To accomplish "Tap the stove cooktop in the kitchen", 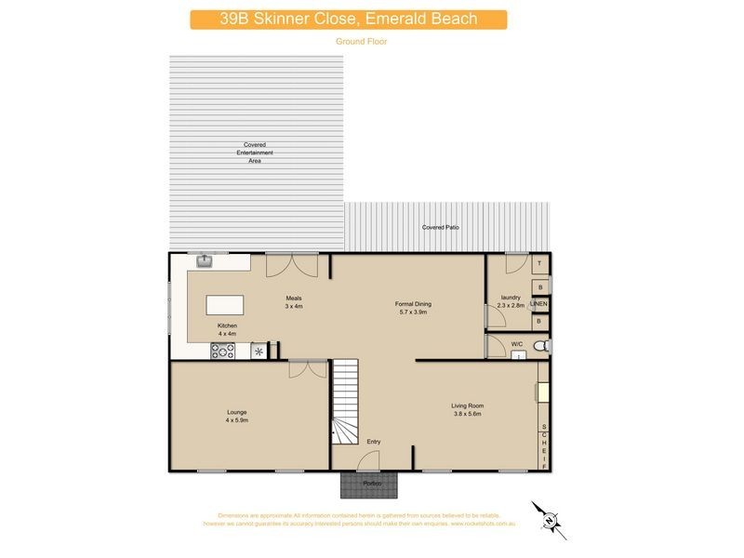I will click(x=222, y=351).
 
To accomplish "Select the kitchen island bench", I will click(x=223, y=305).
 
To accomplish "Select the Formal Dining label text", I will click(x=413, y=304).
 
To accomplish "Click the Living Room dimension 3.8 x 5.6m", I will click(x=468, y=413).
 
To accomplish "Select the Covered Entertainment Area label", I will click(x=255, y=153).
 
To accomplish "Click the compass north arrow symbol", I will click(x=549, y=518).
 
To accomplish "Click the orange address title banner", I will click(x=349, y=20).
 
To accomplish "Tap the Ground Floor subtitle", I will click(x=361, y=42).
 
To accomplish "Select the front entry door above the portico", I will click(x=369, y=461).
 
